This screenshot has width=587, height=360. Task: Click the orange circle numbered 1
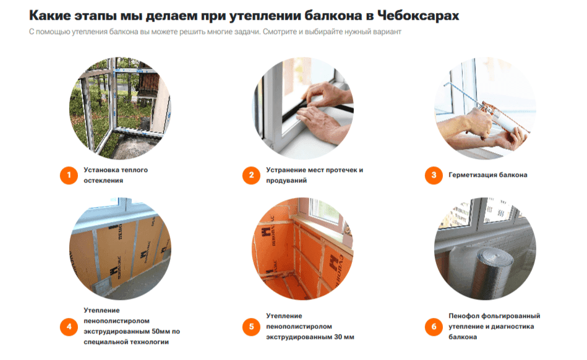click(x=69, y=175)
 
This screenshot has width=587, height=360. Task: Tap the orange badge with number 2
click(x=251, y=175)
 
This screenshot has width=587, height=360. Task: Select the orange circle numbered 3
click(x=434, y=175)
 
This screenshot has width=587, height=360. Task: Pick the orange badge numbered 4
click(x=69, y=326)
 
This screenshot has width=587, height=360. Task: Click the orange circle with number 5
click(x=251, y=326)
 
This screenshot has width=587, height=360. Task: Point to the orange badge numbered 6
click(x=434, y=326)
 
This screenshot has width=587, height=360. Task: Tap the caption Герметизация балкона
click(x=487, y=175)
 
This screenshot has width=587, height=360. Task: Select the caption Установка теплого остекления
click(x=116, y=175)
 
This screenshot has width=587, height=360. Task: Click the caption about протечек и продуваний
click(x=314, y=175)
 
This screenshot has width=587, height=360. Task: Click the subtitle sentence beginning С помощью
click(x=215, y=32)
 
